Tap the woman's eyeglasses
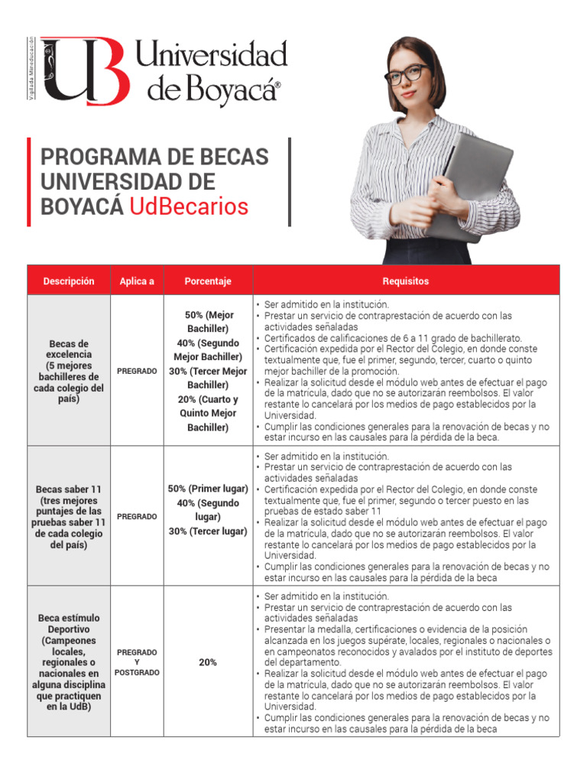pos(407,75)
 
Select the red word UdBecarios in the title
pos(189,206)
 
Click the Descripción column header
pos(69,281)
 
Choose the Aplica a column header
pos(137,281)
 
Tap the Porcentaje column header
pos(208,281)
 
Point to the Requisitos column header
pos(406,281)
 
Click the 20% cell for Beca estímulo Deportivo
pos(208,662)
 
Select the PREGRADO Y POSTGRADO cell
pos(137,662)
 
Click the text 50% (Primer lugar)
pos(208,489)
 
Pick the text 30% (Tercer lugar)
pos(208,531)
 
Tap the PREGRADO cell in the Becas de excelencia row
pos(137,371)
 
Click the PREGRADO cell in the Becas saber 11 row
pos(137,517)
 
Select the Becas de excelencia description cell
pos(69,372)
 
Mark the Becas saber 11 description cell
pos(69,517)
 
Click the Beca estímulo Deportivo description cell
pos(69,662)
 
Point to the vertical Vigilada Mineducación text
pos(31,70)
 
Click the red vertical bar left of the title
pos(29,182)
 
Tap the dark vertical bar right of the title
pos(290,182)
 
